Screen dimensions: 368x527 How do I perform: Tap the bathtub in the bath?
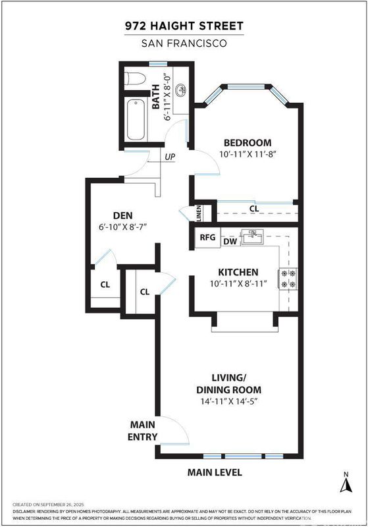[136, 120]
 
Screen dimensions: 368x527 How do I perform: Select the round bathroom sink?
[181, 90]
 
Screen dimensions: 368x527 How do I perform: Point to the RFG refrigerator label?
[207, 237]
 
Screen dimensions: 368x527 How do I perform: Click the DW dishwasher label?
[230, 241]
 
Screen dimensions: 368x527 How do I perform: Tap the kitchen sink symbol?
[253, 237]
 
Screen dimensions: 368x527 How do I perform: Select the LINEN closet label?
[198, 213]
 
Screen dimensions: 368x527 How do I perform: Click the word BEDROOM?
[248, 142]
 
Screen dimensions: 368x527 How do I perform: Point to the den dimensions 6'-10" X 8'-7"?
[123, 227]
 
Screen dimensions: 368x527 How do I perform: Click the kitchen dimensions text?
[238, 284]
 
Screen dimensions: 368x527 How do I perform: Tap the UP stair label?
[170, 157]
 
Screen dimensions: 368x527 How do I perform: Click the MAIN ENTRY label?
[142, 431]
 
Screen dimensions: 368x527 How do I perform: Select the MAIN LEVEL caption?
[215, 472]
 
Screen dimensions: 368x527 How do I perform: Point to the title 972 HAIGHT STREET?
[184, 26]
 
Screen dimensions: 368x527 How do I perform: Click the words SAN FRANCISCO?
[184, 43]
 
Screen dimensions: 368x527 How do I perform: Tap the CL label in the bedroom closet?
[254, 209]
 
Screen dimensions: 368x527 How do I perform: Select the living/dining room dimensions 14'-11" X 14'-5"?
[228, 401]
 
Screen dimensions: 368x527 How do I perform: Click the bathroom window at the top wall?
[158, 64]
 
